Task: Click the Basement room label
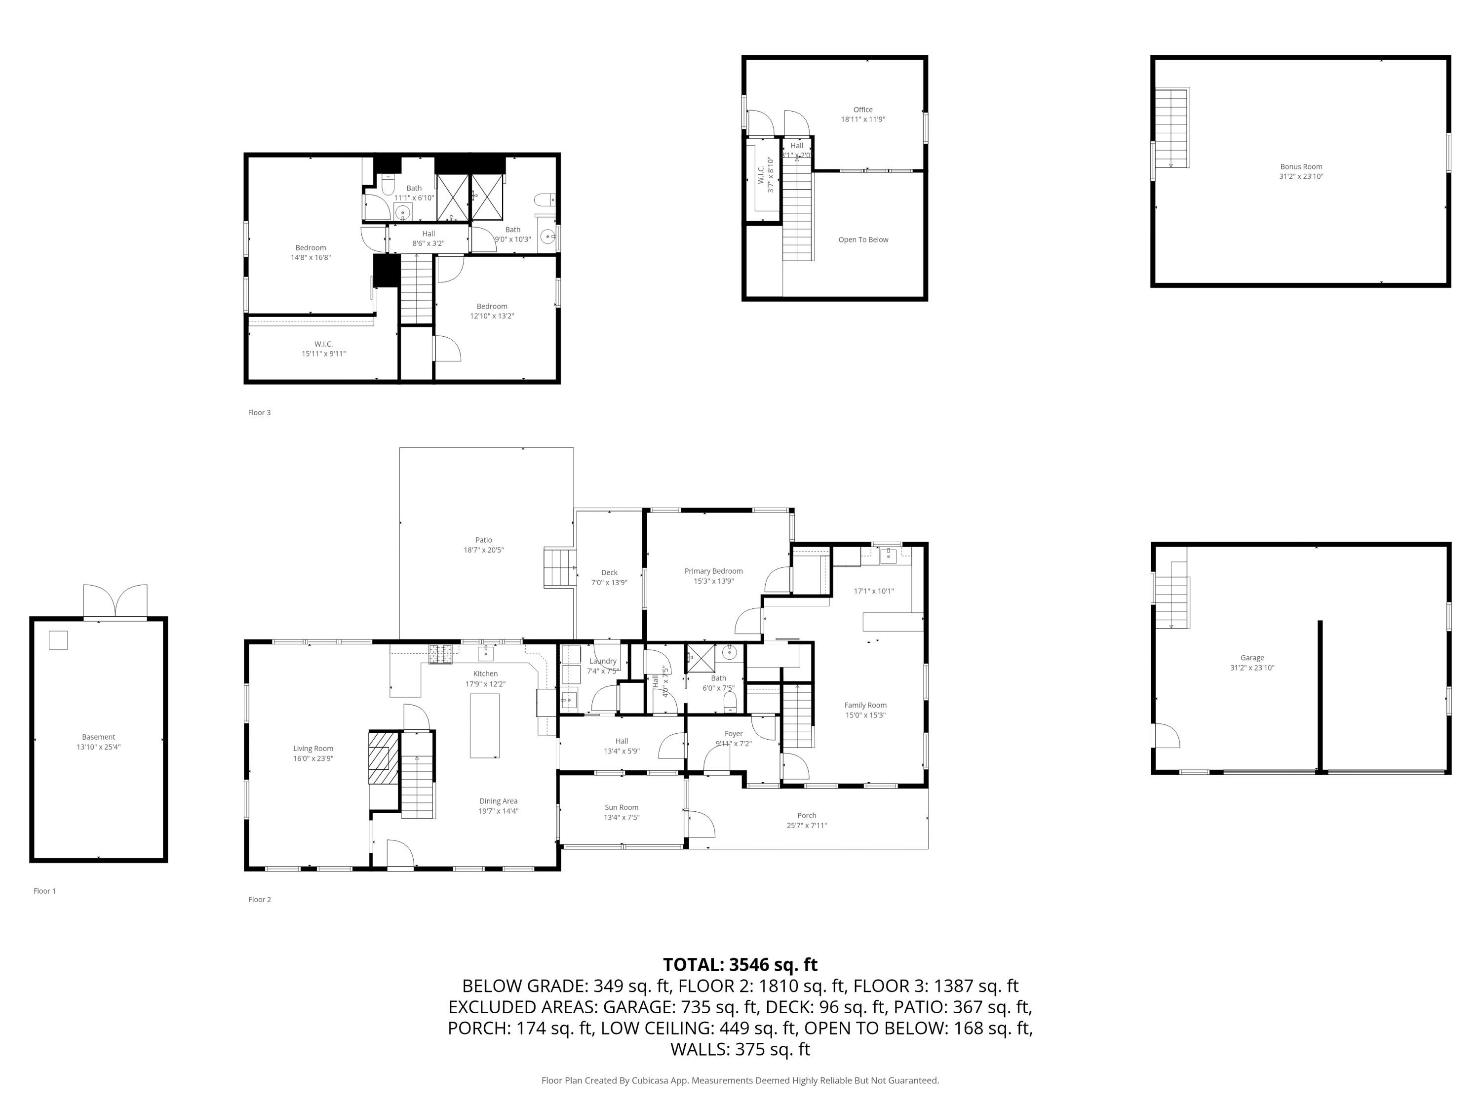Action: (98, 737)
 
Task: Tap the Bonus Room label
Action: (1301, 167)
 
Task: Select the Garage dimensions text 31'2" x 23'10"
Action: (1252, 668)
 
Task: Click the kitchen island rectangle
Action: (484, 725)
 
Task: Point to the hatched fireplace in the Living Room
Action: (383, 757)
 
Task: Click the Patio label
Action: (483, 540)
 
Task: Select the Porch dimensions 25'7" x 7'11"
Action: (806, 826)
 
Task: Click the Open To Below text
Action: (863, 240)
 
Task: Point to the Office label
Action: (862, 110)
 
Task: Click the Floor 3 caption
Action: (259, 412)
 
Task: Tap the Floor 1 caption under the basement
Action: (45, 891)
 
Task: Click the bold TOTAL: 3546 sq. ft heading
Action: (740, 964)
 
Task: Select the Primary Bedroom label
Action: (713, 571)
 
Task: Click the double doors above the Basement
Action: (115, 601)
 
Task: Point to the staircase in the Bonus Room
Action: (1170, 127)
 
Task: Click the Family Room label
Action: (865, 705)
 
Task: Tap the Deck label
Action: (609, 573)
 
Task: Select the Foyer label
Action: (733, 734)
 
